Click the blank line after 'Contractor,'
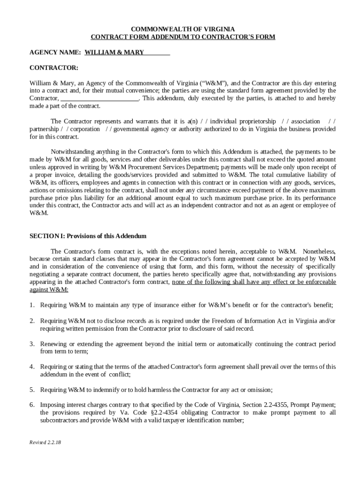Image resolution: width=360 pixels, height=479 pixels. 99,99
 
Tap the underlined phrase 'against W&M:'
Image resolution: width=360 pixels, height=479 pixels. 49,290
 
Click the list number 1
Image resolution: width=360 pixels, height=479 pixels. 32,305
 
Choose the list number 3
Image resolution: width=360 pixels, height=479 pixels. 32,344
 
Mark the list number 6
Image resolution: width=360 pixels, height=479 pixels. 32,405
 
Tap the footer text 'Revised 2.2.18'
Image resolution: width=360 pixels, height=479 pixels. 46,442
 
